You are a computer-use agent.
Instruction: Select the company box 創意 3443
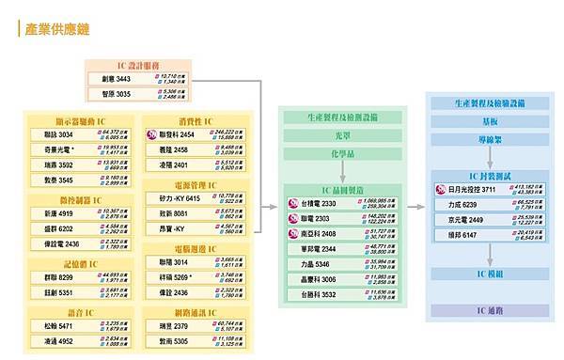click(118, 81)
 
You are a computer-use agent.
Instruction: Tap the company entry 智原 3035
click(118, 96)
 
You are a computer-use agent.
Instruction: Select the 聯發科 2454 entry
click(175, 135)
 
